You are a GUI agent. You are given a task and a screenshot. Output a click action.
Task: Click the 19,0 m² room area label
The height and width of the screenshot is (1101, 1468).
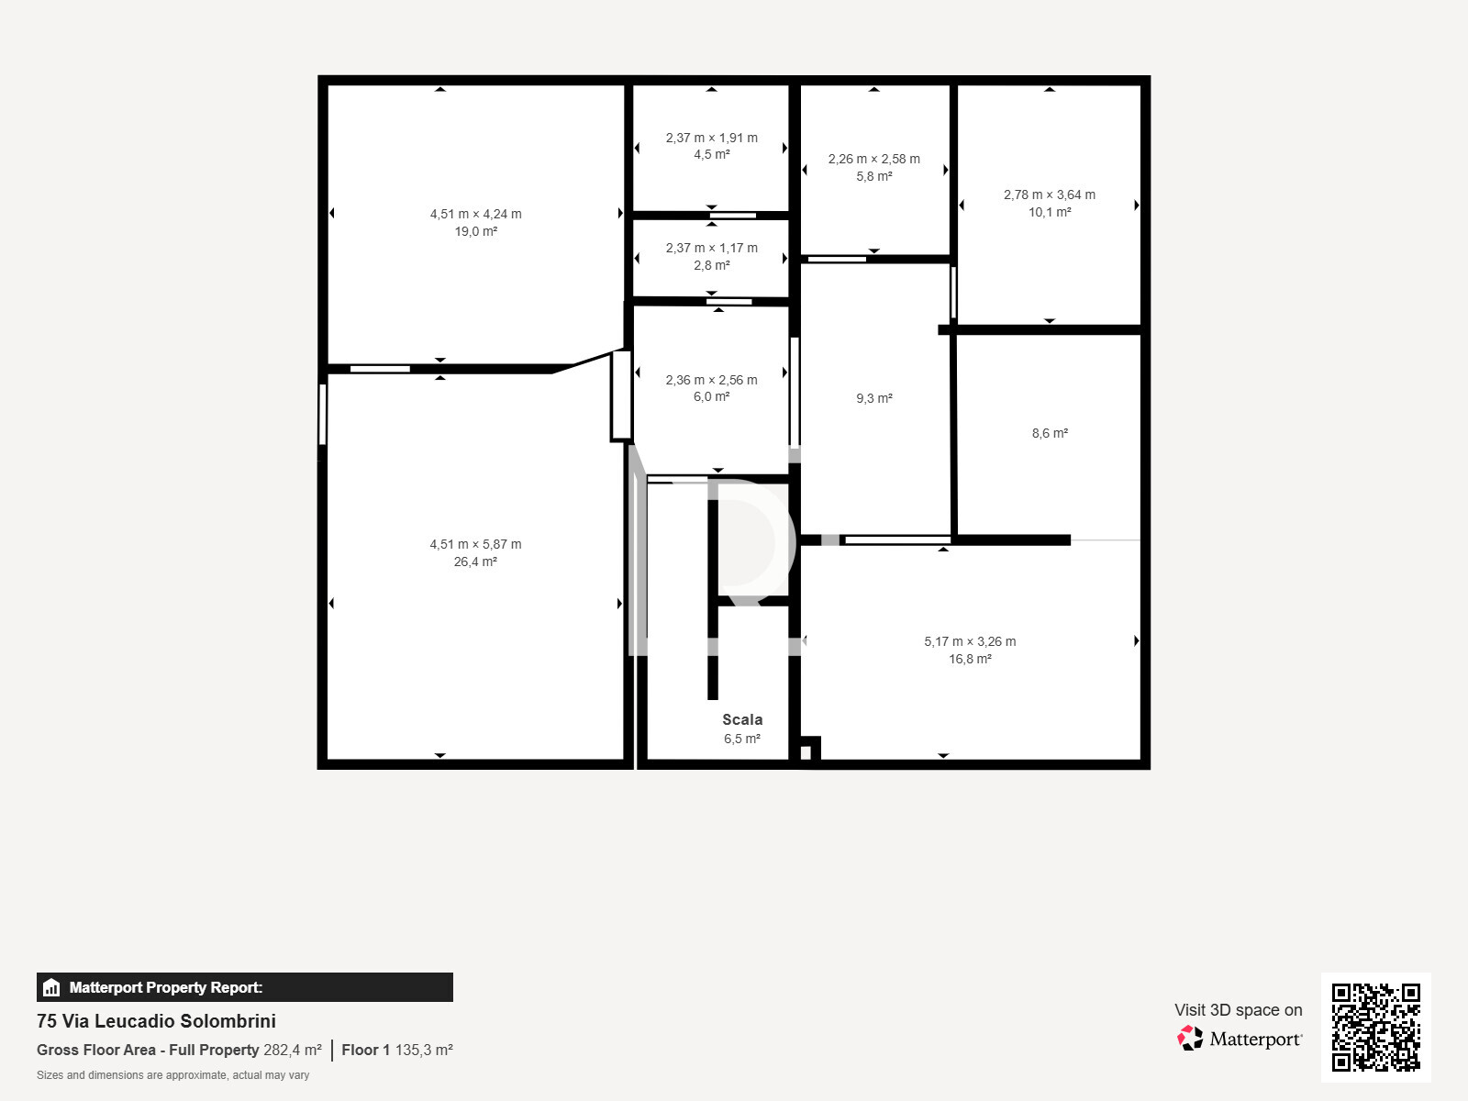[x=475, y=231]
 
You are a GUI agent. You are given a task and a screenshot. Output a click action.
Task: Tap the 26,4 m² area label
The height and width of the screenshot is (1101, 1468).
[x=475, y=562]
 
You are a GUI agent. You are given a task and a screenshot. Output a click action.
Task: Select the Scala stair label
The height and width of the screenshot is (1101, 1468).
[x=741, y=719]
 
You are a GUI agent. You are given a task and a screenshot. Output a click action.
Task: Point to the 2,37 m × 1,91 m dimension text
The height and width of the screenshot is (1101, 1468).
[x=711, y=138]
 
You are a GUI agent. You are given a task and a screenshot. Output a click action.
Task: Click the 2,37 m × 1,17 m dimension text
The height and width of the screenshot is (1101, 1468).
[x=711, y=248]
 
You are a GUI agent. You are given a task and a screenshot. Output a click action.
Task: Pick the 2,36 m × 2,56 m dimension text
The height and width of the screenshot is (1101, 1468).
[x=711, y=380]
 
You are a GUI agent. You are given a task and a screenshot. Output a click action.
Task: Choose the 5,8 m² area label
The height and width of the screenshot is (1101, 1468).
[x=873, y=176]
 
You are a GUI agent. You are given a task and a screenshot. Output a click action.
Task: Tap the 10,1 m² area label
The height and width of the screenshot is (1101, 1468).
[x=1049, y=212]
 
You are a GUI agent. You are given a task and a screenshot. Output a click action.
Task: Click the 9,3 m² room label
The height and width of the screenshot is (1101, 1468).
[x=873, y=398]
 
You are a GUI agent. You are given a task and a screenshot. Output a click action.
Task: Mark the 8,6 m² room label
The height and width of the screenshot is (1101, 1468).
[x=1049, y=433]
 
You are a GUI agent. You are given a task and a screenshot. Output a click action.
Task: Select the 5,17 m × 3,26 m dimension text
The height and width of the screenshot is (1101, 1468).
[x=969, y=641]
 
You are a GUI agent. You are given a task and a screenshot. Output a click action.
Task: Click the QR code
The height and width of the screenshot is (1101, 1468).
[x=1375, y=1027]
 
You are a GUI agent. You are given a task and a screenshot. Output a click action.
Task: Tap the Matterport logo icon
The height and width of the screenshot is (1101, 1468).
[x=1190, y=1039]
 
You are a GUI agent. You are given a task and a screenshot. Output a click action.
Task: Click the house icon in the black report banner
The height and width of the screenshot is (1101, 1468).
[x=51, y=987]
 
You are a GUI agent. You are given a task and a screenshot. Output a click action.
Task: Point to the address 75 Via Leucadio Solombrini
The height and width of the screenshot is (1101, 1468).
[x=156, y=1021]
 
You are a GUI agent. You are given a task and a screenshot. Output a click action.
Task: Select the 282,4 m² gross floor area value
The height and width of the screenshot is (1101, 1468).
[x=292, y=1050]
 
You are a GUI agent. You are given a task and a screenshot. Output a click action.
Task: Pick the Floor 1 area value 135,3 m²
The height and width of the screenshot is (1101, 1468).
[x=423, y=1050]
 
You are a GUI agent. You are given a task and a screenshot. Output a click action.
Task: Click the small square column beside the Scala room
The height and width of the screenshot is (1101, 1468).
[x=806, y=753]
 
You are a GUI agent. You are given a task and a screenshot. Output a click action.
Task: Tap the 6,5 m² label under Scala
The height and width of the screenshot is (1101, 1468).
[x=741, y=739]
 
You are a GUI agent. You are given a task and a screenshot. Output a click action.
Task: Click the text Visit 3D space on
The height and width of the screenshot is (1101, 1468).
[x=1238, y=1009]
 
